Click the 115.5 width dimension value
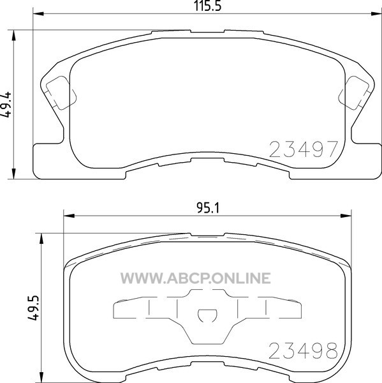(x=207, y=6)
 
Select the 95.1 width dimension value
(x=208, y=208)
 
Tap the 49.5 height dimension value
(x=33, y=308)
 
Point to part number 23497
(x=304, y=149)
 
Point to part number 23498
(x=304, y=350)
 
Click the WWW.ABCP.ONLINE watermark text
(x=196, y=278)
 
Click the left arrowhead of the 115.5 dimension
(x=38, y=13)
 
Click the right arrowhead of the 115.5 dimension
(x=376, y=13)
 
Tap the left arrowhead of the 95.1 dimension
(x=69, y=216)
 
